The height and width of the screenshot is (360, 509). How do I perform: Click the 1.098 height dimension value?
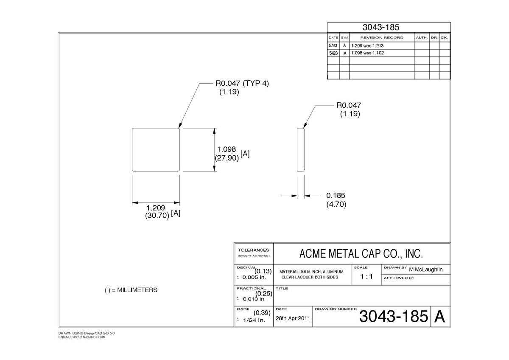227,149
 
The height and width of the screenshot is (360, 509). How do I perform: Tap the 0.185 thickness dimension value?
336,195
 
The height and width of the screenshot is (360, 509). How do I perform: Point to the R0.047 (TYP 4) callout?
242,83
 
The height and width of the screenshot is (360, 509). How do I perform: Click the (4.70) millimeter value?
336,204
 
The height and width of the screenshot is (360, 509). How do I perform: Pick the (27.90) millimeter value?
227,158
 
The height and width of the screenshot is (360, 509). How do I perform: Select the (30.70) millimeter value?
157,215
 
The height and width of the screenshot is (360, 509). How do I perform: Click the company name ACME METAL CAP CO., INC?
361,253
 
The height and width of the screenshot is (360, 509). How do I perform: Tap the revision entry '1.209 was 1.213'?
367,46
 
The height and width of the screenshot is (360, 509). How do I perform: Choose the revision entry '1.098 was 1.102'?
367,53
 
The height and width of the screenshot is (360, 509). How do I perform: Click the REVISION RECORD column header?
382,37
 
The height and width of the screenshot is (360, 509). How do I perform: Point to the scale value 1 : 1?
366,276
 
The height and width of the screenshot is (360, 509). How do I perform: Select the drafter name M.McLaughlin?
426,270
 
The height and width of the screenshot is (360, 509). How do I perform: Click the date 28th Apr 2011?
293,318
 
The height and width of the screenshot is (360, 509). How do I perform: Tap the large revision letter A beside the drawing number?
439,316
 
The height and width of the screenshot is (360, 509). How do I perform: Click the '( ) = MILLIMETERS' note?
131,290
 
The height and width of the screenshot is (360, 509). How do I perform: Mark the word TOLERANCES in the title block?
253,250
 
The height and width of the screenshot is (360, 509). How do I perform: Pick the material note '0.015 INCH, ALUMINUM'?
322,272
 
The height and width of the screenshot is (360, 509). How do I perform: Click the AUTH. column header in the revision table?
422,37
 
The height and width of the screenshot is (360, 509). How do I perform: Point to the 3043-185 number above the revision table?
381,27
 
